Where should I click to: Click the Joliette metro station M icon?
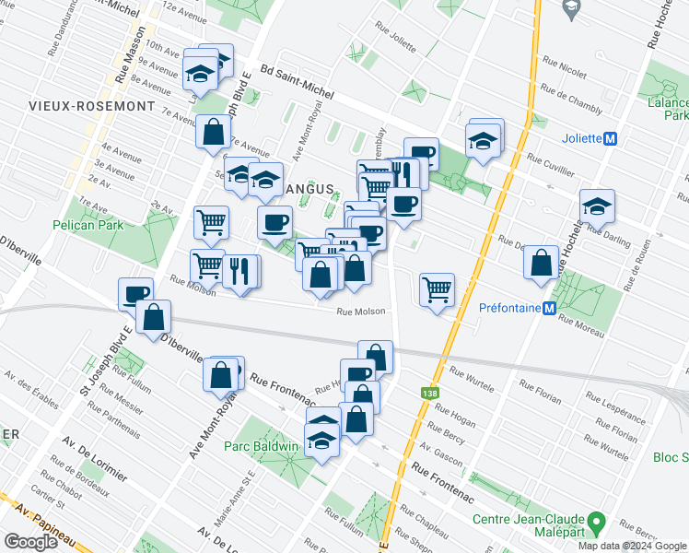point(610,139)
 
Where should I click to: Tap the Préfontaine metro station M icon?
point(549,309)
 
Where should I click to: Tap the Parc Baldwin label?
point(261,446)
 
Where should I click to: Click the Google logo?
point(30,541)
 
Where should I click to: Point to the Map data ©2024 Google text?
point(633,546)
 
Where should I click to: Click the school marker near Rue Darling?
point(597,208)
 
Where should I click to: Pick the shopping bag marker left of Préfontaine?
point(541,262)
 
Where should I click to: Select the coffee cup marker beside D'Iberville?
point(136,294)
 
